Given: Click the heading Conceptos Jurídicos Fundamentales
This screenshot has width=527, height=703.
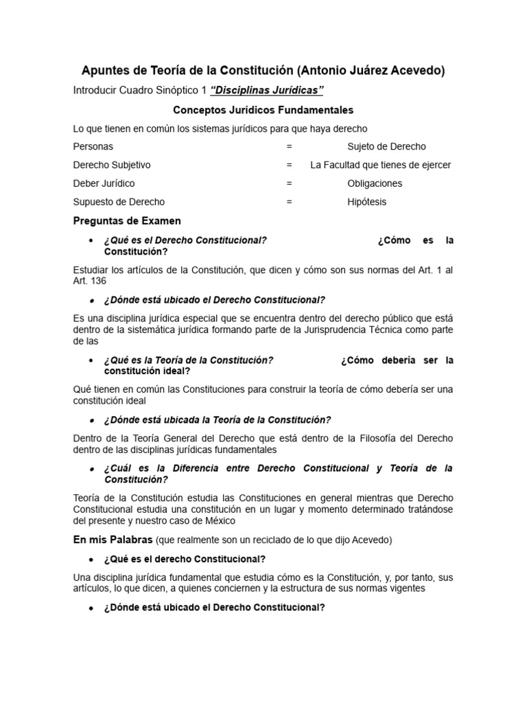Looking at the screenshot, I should point(263,110).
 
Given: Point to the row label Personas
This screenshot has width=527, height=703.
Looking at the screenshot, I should point(93,146).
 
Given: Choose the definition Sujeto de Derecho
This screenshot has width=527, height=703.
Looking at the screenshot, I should point(386,146).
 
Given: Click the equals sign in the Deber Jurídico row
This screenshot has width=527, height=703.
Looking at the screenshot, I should point(290,183).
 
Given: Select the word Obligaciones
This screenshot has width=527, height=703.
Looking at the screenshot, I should point(375,183).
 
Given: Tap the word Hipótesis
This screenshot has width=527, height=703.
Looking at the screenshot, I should point(366,202).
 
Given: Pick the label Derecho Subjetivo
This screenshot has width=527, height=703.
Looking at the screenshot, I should point(112,165).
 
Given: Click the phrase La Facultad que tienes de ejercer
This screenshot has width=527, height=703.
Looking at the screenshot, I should point(380,165).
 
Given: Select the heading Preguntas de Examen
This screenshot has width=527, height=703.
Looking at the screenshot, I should point(127,220).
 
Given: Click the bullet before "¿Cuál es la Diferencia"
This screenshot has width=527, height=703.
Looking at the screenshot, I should point(91,468).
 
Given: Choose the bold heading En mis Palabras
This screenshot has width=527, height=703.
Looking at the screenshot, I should point(113,540).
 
